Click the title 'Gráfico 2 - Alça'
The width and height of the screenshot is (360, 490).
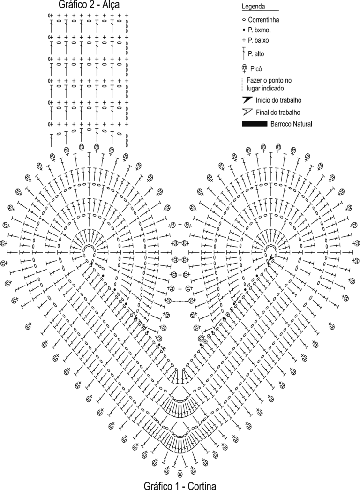tap(89, 5)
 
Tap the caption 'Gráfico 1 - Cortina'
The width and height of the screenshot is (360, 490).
tap(180, 485)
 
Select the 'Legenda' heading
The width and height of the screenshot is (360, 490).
tap(253, 6)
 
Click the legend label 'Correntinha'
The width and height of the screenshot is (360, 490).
tap(263, 20)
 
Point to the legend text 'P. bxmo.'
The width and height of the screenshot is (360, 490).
tap(259, 30)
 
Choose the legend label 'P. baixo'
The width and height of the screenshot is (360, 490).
tap(258, 40)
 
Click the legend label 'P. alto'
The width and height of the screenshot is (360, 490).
tap(256, 54)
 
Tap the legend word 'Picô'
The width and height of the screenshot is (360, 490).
tap(256, 68)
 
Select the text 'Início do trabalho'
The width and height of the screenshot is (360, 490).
tap(278, 100)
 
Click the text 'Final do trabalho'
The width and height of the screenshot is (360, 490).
tap(278, 112)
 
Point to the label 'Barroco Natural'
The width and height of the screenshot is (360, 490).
tap(291, 124)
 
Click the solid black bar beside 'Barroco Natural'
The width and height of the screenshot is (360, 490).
tap(255, 124)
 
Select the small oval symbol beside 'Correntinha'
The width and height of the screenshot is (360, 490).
tap(244, 20)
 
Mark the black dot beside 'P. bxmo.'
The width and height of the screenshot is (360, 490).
tap(244, 30)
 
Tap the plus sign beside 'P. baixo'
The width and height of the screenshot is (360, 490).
tap(244, 40)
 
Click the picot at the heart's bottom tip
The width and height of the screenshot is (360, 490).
tap(180, 473)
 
